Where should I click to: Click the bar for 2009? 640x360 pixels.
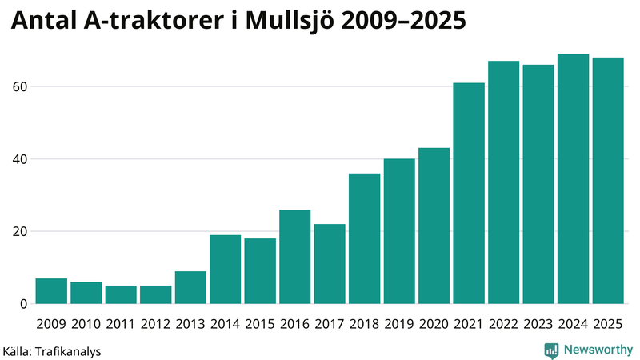52,291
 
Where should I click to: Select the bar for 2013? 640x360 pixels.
190,288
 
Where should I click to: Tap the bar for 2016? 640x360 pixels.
295,257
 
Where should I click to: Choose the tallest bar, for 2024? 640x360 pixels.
573,179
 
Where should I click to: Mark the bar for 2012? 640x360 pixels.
156,294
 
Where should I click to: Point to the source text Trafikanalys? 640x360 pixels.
67,350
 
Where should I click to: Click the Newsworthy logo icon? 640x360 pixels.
551,350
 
